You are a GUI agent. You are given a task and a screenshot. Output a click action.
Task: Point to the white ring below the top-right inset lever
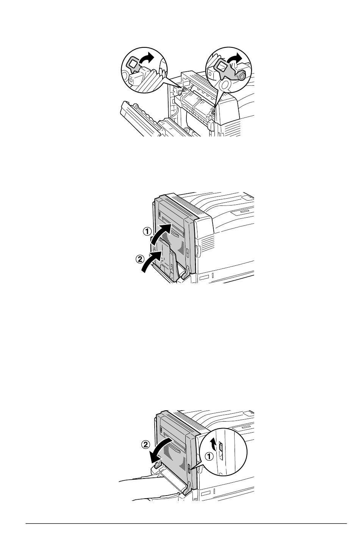(x=225, y=85)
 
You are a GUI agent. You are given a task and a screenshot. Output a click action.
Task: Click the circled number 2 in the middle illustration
(x=140, y=259)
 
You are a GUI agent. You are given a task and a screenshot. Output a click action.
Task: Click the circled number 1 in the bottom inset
(x=209, y=457)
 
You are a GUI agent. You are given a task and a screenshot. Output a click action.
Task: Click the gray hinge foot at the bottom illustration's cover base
(x=187, y=489)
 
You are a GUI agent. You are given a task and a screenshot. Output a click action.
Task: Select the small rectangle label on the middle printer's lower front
(x=204, y=278)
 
